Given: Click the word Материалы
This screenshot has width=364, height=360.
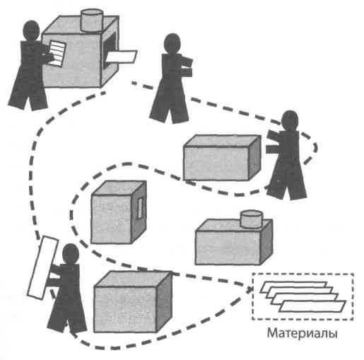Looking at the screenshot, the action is tap(302, 334).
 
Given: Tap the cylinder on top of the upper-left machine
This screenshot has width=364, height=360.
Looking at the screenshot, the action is tap(92, 20).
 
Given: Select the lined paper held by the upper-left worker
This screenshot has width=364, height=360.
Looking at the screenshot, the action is tap(57, 53).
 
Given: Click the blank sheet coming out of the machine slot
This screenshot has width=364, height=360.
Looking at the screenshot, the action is tap(121, 57).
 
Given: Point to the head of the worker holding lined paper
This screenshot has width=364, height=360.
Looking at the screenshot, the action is tap(31, 30).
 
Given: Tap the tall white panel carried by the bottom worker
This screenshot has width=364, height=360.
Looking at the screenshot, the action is tap(43, 267).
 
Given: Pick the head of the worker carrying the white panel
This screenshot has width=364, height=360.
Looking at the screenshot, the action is tap(71, 254).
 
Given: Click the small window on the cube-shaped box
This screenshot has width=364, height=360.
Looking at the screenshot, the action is tap(140, 208).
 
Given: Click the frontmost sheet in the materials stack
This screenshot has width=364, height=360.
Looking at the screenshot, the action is tap(312, 306).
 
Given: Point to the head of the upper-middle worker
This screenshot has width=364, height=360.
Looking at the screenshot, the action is tap(172, 45).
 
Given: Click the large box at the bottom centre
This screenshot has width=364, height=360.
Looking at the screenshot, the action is tap(133, 302).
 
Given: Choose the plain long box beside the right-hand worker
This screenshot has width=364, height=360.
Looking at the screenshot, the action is tap(222, 158).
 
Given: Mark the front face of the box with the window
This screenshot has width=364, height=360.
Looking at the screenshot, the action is tap(111, 219).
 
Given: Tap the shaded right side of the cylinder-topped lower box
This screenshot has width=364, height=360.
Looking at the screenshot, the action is tap(266, 242).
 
